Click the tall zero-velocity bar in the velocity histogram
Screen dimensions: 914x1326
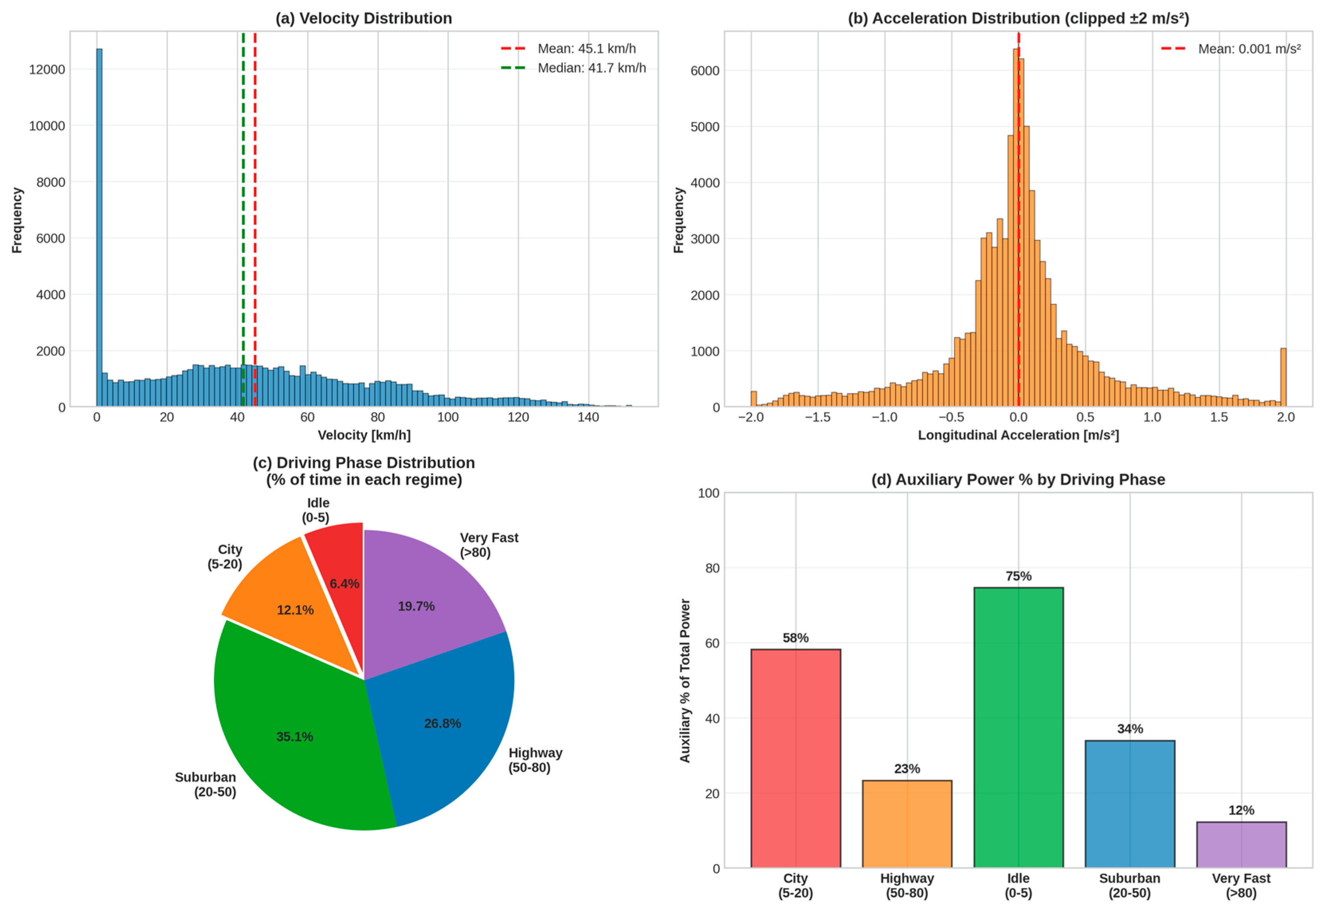coord(99,229)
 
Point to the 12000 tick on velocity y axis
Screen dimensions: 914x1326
coord(47,69)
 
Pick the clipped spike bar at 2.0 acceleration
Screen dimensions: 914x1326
coord(1283,378)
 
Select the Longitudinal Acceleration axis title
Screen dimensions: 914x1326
coord(1018,435)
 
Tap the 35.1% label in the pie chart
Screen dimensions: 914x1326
coord(294,737)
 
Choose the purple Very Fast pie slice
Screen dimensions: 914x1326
coord(424,596)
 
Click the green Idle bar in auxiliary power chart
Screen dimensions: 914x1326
coord(1018,727)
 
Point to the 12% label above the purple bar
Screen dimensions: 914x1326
coord(1241,810)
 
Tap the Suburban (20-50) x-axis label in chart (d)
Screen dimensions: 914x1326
coord(1129,885)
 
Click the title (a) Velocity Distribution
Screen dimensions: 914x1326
coord(364,18)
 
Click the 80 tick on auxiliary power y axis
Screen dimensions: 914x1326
coord(712,568)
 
